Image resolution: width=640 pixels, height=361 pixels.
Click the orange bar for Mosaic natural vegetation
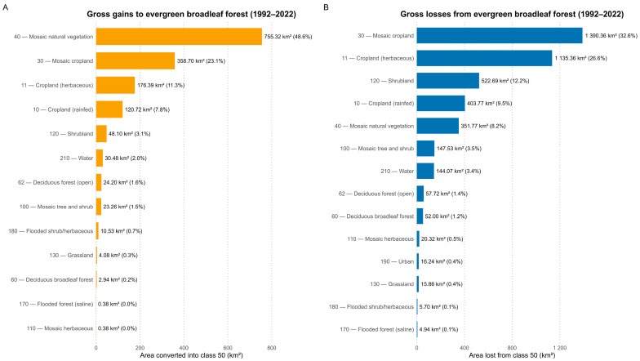[x=179, y=36]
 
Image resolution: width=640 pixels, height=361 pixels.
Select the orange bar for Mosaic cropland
[x=136, y=60]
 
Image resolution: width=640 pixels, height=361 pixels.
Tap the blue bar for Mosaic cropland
[x=500, y=36]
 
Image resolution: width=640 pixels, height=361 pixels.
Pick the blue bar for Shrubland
[x=447, y=81]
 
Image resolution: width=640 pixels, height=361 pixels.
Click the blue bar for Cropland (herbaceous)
[x=485, y=59]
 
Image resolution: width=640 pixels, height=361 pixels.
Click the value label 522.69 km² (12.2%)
[x=505, y=81]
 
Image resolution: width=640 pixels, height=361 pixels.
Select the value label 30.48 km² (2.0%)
[x=126, y=158]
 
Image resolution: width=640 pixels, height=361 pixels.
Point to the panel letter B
[x=327, y=7]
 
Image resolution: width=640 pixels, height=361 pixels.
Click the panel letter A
[x=5, y=7]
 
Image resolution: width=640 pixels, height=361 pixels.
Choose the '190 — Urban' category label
[x=397, y=261]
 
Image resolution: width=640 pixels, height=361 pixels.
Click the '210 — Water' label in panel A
[x=77, y=158]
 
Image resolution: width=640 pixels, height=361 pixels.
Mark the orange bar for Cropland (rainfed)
[x=109, y=109]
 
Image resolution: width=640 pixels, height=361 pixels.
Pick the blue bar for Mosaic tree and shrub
[x=426, y=149]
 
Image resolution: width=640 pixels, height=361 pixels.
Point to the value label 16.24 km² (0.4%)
[x=442, y=261]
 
